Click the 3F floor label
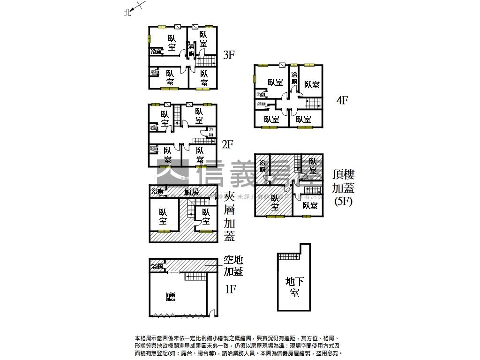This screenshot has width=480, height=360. (228, 55)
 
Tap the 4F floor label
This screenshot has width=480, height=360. (343, 100)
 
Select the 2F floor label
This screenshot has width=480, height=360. (227, 144)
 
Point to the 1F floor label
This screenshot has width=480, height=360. (230, 289)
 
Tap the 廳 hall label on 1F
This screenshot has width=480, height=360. (171, 296)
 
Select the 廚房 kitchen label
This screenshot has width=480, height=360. (191, 192)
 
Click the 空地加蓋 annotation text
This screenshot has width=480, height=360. (233, 265)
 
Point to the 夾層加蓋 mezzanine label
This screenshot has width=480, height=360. (229, 216)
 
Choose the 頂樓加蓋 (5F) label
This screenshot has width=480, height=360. (343, 188)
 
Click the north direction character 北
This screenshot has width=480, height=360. (127, 14)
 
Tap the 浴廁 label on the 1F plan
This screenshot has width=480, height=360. (157, 267)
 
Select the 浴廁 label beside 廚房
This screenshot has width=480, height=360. (157, 191)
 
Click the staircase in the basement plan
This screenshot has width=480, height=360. (288, 256)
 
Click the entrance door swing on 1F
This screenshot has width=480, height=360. (213, 313)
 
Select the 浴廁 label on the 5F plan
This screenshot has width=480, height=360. (262, 166)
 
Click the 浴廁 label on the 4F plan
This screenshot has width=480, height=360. (294, 78)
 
